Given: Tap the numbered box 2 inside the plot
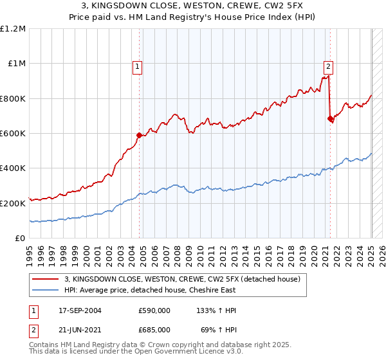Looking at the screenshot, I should [328, 65].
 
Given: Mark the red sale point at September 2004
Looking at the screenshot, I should [139, 135].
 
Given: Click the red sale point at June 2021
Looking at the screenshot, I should [330, 118].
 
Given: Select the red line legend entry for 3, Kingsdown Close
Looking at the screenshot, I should [187, 278].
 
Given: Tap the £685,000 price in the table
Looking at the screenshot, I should [154, 328].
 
